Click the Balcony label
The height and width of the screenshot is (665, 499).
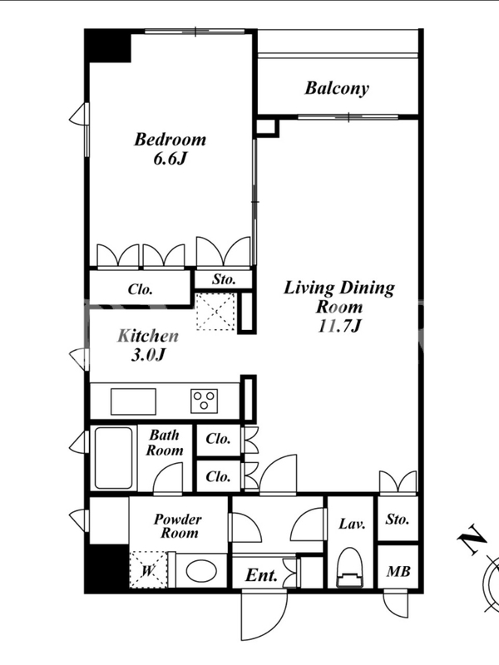(x=337, y=89)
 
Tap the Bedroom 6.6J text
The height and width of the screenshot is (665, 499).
(x=170, y=149)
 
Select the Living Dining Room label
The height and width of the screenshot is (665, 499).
(x=338, y=307)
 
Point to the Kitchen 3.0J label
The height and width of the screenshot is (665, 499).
(x=148, y=345)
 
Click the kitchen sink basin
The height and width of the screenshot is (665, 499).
(x=133, y=401)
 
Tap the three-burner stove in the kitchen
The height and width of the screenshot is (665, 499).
(x=204, y=401)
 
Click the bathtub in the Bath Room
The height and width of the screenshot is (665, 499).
(x=113, y=458)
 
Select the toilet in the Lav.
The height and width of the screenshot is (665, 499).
(x=350, y=568)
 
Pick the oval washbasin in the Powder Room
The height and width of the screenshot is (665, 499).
(x=200, y=571)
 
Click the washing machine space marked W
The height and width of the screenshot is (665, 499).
(x=148, y=569)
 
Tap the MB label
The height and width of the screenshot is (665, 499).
(x=398, y=572)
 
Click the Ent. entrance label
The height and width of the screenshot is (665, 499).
(x=261, y=575)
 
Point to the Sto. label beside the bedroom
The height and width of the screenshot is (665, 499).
(x=224, y=279)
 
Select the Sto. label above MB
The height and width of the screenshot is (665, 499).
(x=398, y=519)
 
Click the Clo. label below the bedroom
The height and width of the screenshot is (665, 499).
(x=140, y=289)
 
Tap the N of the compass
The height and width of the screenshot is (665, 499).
(x=472, y=539)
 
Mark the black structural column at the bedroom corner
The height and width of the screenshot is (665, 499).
(x=108, y=46)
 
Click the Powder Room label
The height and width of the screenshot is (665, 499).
(x=178, y=526)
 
